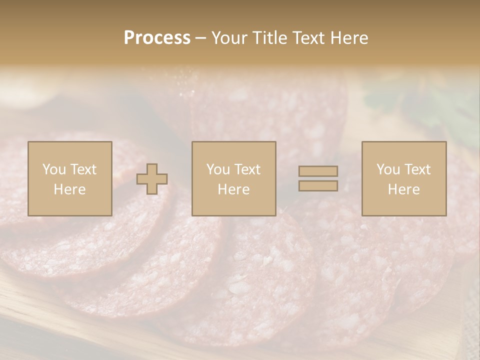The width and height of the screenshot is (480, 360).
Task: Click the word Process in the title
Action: tap(157, 38)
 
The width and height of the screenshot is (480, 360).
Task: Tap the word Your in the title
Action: tap(227, 38)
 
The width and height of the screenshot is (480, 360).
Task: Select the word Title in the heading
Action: tap(270, 38)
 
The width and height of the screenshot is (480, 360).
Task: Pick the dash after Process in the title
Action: tap(200, 38)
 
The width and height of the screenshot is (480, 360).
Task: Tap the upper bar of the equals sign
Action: tap(318, 171)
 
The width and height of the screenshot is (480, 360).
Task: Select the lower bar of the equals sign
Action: tap(318, 185)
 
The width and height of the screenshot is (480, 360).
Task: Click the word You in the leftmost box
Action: tap(53, 169)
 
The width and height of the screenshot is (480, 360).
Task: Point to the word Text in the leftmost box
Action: tap(83, 169)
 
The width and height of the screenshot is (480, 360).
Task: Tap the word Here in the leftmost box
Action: tap(70, 189)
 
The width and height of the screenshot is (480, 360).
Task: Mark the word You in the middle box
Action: tap(217, 169)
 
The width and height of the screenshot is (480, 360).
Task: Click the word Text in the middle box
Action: tap(247, 169)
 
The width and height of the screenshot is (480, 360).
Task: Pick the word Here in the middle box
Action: tap(234, 189)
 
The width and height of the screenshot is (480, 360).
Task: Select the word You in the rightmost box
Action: tap(387, 169)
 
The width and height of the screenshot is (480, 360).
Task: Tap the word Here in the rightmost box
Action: tap(404, 189)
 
